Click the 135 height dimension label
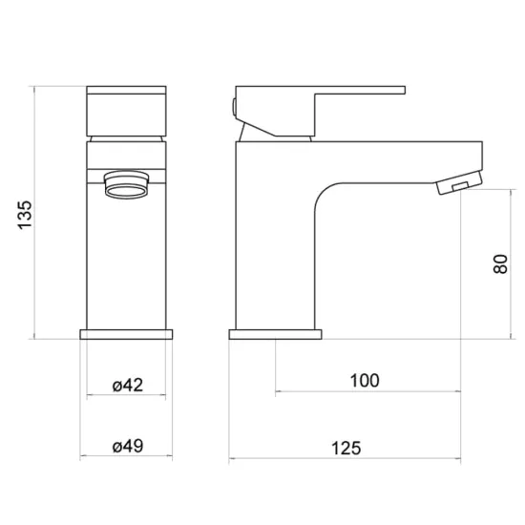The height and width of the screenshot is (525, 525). pyautogui.click(x=25, y=215)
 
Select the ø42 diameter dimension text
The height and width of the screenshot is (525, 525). pyautogui.click(x=128, y=385)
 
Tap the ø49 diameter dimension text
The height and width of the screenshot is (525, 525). pyautogui.click(x=128, y=447)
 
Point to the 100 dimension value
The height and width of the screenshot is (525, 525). pyautogui.click(x=365, y=381)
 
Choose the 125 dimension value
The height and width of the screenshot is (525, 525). pyautogui.click(x=346, y=449)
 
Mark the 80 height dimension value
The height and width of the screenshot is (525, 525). pyautogui.click(x=500, y=264)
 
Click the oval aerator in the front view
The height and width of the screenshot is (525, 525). pyautogui.click(x=126, y=185)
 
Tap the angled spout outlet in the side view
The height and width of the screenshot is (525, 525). pyautogui.click(x=459, y=182)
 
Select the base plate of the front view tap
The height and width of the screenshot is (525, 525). pyautogui.click(x=126, y=334)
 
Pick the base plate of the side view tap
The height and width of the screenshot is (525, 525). pyautogui.click(x=275, y=334)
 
